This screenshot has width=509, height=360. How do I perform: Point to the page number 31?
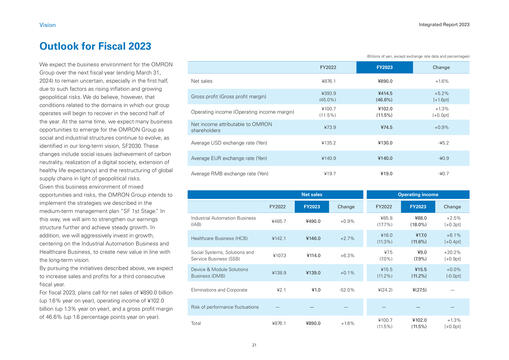(x=254, y=343)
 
